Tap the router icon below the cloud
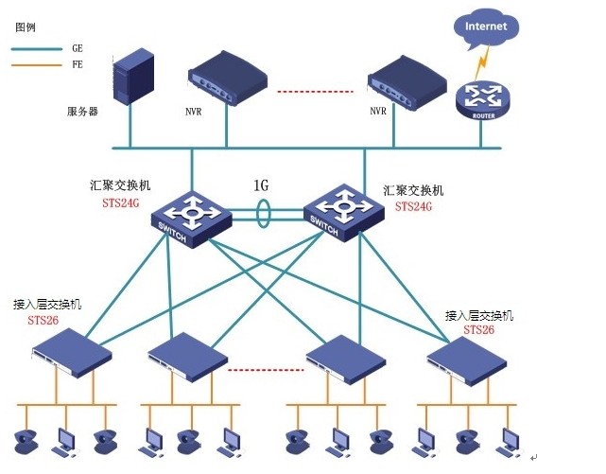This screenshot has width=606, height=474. pos(481,98)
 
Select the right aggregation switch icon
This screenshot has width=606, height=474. pos(341,210)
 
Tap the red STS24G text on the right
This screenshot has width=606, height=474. pos(413,205)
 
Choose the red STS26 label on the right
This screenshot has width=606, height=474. pos(478,329)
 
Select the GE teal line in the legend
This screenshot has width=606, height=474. pos(35,47)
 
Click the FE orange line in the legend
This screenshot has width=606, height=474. pos(35,65)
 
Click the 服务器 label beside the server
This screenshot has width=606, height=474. pos(82,112)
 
